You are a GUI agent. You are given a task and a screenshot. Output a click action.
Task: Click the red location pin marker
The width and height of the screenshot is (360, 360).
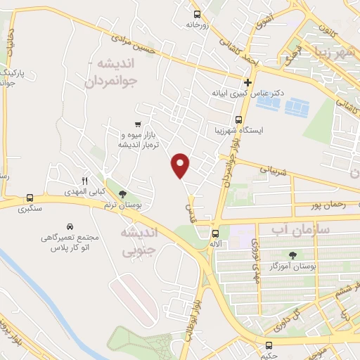(x=181, y=165)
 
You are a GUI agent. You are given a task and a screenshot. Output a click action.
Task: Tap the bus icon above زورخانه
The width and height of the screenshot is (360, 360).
(x=198, y=13)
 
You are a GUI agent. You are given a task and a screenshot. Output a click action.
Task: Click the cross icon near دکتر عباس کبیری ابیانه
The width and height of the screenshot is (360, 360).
(x=248, y=82)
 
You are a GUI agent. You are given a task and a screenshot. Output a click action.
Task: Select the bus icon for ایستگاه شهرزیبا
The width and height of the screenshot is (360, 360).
(x=238, y=119)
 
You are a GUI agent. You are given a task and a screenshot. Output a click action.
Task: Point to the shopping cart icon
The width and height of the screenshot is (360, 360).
(x=131, y=124)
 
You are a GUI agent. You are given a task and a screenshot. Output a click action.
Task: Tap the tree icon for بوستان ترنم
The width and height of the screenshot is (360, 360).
(x=123, y=193)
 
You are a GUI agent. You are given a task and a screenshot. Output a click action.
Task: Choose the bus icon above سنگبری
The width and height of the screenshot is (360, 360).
(x=30, y=198)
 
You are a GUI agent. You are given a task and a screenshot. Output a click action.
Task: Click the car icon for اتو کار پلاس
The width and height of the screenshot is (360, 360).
(x=70, y=226)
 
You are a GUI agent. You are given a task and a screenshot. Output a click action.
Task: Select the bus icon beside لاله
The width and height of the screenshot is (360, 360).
(x=215, y=233)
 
